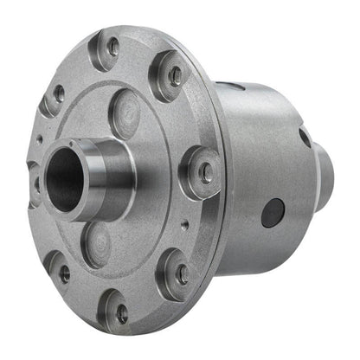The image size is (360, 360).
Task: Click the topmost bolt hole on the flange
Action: [x=112, y=44]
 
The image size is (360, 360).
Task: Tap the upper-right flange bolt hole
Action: [x=176, y=75]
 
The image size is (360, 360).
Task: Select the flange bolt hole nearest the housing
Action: [x=206, y=172]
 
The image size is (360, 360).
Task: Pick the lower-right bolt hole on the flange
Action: [x=183, y=273]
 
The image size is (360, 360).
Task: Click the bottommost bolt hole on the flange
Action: [x=122, y=312]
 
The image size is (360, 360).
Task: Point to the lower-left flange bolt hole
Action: [x=64, y=273]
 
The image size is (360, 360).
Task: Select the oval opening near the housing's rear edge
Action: [x=305, y=137]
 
